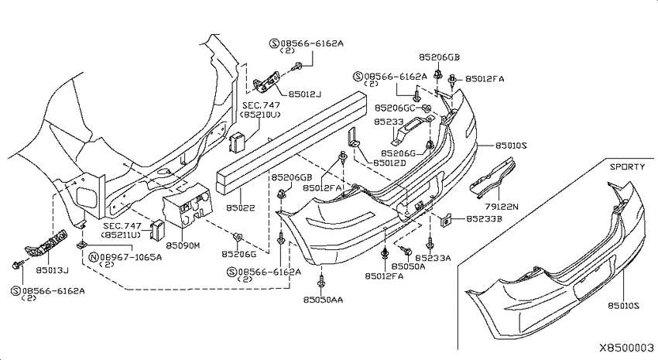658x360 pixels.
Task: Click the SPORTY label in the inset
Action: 627,166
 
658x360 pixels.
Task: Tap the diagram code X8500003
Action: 626,348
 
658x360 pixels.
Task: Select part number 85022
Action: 241,207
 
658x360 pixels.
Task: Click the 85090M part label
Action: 183,245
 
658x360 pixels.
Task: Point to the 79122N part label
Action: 502,207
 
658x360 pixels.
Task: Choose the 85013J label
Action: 52,270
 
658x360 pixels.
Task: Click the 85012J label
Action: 305,94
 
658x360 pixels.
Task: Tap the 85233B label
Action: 485,219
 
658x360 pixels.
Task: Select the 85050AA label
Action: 323,300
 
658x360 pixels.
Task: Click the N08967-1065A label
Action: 125,257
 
